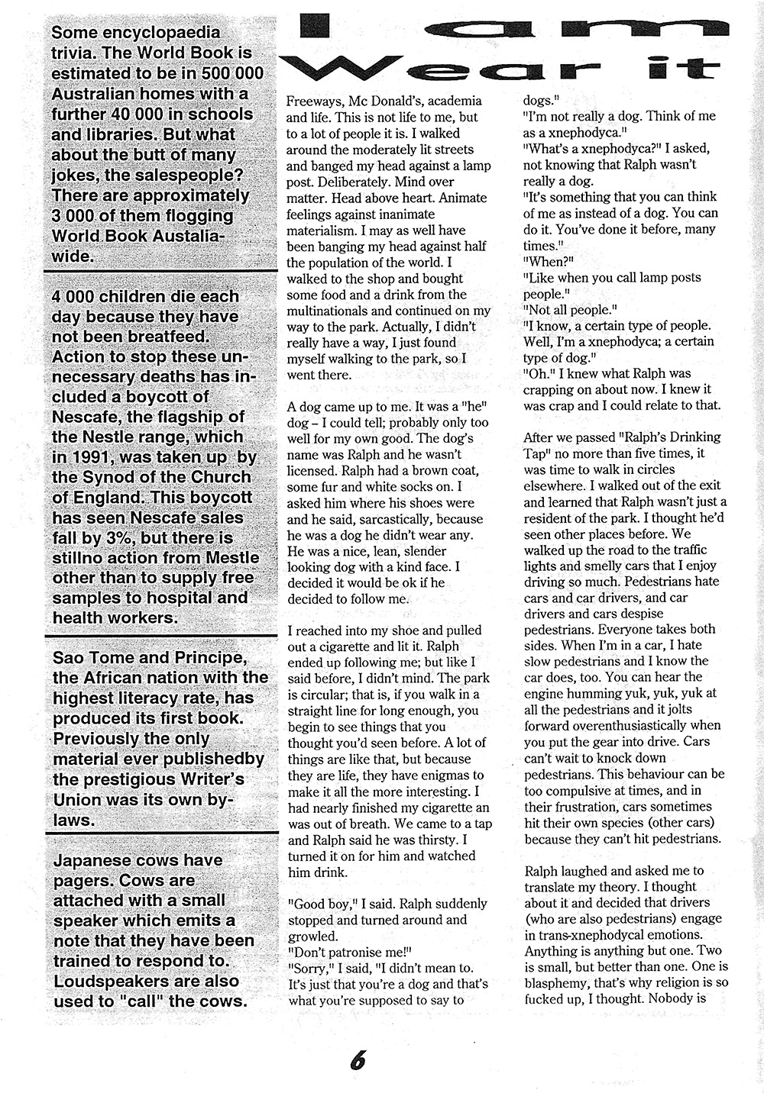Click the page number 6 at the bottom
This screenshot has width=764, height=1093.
pyautogui.click(x=358, y=1061)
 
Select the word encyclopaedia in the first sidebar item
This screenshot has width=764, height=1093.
pyautogui.click(x=160, y=33)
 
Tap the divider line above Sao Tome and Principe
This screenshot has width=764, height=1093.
pyautogui.click(x=160, y=636)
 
